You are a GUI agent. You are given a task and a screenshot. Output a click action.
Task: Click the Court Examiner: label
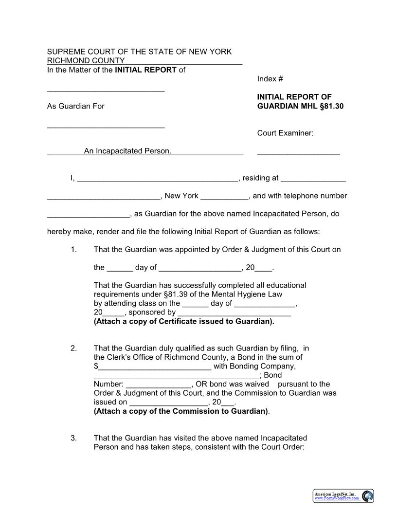coord(285,133)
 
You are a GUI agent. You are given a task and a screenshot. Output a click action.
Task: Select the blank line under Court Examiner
coord(298,153)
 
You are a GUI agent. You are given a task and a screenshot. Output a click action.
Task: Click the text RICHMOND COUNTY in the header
coord(86,61)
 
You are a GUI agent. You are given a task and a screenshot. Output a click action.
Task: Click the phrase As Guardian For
coord(75,106)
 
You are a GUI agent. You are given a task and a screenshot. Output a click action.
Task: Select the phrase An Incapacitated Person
coord(127,151)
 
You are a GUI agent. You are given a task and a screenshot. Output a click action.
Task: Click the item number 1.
coord(73,250)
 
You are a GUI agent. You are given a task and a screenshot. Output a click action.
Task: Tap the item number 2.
coord(73,348)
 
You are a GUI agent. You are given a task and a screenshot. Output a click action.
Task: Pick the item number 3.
coord(73,438)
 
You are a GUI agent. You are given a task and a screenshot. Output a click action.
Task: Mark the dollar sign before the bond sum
coord(96,366)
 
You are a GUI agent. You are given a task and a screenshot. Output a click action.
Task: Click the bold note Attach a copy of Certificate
coord(184,321)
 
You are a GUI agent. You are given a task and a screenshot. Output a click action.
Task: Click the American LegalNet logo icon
coord(368,496)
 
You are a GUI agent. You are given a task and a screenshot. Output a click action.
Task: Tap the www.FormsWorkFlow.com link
coord(337,498)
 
